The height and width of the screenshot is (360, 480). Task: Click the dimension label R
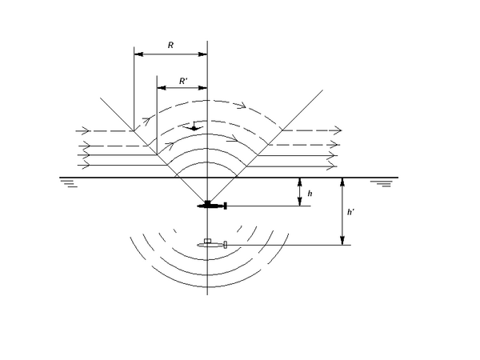pyautogui.click(x=171, y=46)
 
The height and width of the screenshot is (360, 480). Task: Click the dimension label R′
pyautogui.click(x=183, y=81)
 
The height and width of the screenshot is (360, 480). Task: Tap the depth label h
pyautogui.click(x=310, y=194)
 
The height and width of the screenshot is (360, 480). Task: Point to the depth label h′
pyautogui.click(x=351, y=212)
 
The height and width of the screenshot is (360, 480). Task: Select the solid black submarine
pyautogui.click(x=212, y=206)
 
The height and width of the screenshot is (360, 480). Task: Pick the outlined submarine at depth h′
pyautogui.click(x=212, y=244)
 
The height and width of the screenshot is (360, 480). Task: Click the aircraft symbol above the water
pyautogui.click(x=194, y=126)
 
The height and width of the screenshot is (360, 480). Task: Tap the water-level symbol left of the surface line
pyautogui.click(x=69, y=183)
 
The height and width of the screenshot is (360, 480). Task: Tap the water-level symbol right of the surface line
pyautogui.click(x=382, y=184)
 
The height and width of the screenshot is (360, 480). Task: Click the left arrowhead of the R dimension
pyautogui.click(x=138, y=54)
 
